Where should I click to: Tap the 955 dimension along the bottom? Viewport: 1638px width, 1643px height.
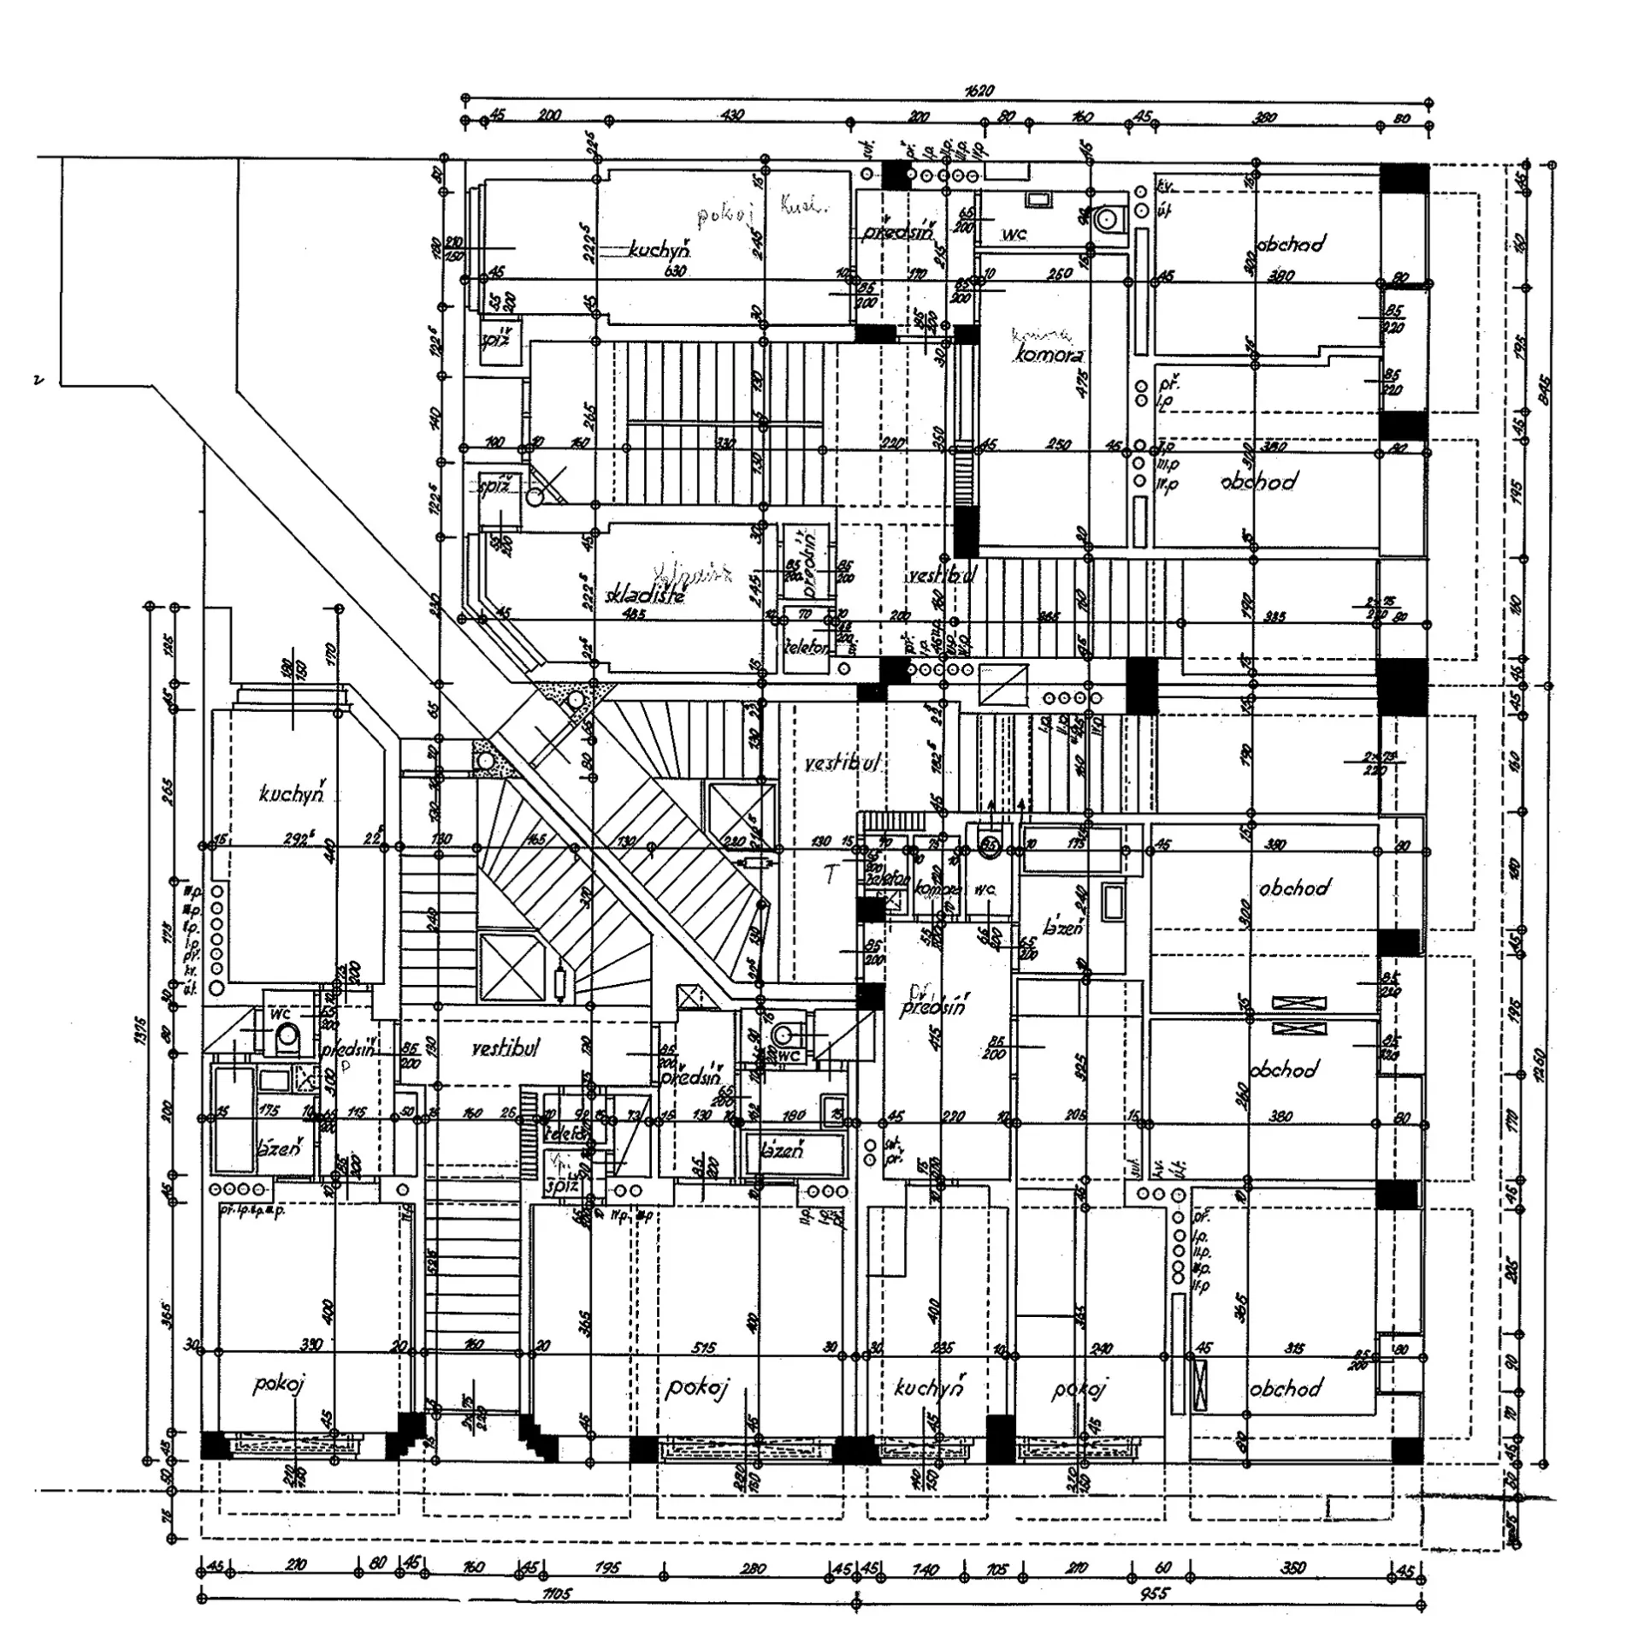tap(1154, 1593)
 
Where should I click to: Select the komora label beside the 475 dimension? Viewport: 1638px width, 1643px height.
tap(1047, 353)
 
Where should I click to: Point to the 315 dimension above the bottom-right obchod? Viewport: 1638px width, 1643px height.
tap(1294, 1349)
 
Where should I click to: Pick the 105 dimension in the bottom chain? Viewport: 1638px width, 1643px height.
tap(997, 1569)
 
